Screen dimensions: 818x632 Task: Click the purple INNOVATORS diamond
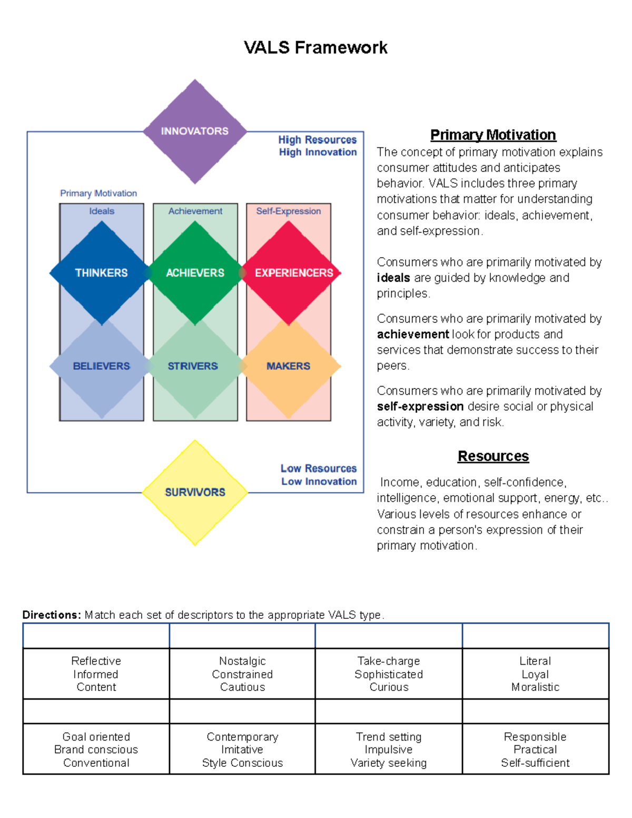click(195, 131)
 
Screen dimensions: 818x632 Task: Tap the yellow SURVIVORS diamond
click(195, 492)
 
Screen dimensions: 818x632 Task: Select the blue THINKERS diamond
click(101, 273)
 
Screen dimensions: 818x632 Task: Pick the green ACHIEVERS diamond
click(195, 273)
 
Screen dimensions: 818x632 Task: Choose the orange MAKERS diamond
click(288, 366)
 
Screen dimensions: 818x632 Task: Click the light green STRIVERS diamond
click(193, 366)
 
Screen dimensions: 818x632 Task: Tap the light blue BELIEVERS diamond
click(101, 366)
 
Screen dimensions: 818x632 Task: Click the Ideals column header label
click(102, 211)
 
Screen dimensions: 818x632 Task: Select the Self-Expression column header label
click(289, 211)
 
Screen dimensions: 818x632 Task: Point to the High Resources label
click(318, 140)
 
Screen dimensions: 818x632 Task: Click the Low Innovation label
click(319, 481)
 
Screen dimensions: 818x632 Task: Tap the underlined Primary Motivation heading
click(493, 135)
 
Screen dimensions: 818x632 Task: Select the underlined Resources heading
click(493, 456)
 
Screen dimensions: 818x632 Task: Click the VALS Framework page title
click(315, 47)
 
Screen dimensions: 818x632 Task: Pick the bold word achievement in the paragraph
click(413, 334)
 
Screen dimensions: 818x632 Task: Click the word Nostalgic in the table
click(242, 661)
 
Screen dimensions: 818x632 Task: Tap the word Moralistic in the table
click(535, 687)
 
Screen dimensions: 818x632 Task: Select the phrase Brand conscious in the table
click(96, 750)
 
